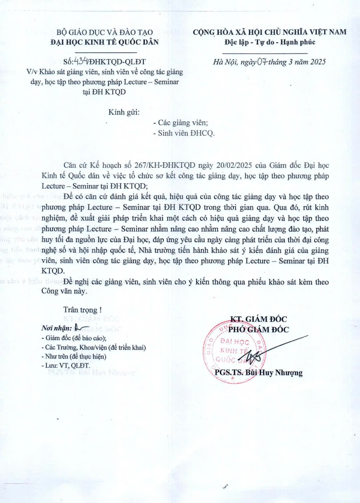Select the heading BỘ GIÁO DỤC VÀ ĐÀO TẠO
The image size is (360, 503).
point(104,32)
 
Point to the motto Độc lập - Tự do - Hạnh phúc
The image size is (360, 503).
point(270,42)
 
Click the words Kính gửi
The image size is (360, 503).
point(124,112)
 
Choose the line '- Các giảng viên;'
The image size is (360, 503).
point(181,123)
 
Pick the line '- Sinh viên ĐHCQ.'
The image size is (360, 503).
point(184,133)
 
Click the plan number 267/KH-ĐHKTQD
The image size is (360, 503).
point(169,165)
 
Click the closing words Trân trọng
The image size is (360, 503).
point(82,310)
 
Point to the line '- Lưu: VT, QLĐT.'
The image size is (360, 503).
point(66,366)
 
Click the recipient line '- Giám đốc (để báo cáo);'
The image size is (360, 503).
point(74,338)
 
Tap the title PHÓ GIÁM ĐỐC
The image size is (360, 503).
point(258,330)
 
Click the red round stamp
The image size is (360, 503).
point(234,352)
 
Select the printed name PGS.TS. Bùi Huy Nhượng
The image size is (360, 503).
point(258,373)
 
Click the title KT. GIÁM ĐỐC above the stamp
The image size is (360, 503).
point(258,319)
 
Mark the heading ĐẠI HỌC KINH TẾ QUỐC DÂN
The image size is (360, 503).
point(105,42)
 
